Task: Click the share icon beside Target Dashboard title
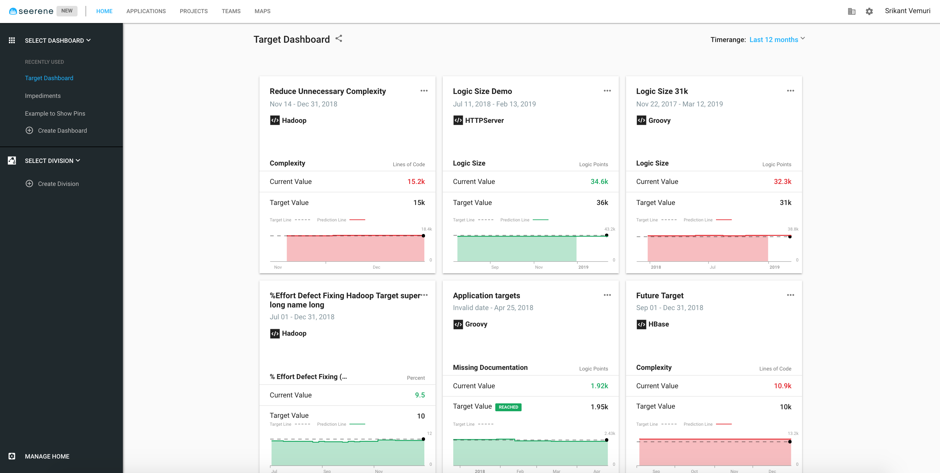339,39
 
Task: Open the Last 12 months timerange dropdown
777,39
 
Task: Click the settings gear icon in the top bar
869,11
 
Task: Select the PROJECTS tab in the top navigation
193,11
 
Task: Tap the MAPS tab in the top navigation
262,11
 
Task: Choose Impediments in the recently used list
43,96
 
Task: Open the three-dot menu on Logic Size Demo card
607,91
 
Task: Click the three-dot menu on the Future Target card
790,295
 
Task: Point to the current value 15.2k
416,181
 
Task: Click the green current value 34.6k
599,181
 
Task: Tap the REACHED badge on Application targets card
508,407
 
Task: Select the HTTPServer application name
484,121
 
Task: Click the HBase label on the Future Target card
658,324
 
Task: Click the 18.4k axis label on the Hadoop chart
426,229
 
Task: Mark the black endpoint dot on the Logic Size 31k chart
790,236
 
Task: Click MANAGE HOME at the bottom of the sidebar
47,456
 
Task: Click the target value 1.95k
599,407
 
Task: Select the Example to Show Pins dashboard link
55,114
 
